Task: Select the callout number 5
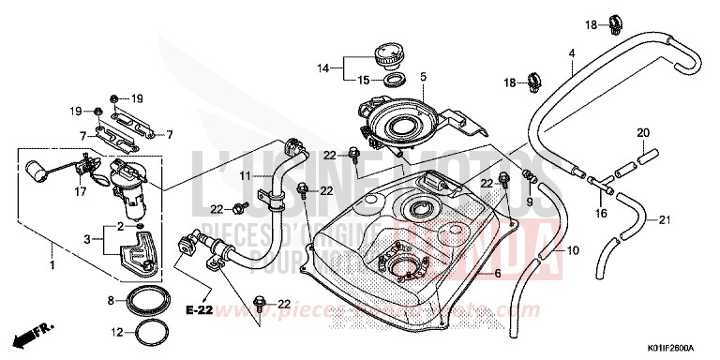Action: click(x=423, y=76)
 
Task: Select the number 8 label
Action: click(x=112, y=301)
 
